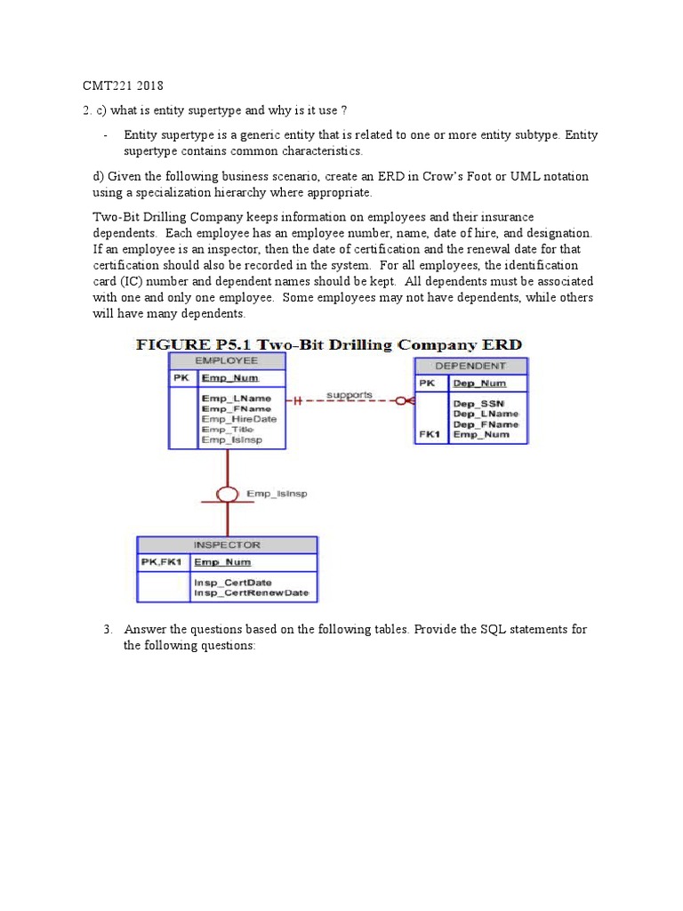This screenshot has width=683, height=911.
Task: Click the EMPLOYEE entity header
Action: pos(227,360)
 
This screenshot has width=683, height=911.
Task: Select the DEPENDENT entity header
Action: pos(470,366)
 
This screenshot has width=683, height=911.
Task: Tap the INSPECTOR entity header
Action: pos(227,544)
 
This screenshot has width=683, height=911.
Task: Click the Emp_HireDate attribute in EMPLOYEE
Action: pos(238,419)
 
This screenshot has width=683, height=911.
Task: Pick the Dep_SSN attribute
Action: pos(479,403)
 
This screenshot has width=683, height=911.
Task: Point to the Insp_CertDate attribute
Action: pos(233,583)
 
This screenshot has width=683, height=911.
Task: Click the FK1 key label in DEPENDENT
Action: pos(430,435)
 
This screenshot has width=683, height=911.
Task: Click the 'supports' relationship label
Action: pos(350,394)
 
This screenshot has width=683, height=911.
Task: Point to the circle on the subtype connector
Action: pos(228,494)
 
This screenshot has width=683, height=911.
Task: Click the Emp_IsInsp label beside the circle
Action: pos(277,494)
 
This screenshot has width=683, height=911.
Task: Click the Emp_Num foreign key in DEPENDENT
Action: pos(481,435)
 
